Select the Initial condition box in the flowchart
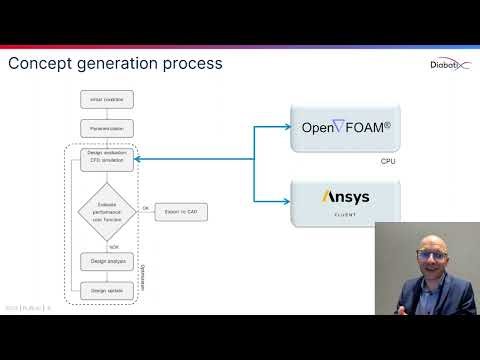pos(105,99)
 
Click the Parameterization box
pos(105,129)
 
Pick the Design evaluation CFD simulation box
pos(105,157)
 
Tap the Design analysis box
pos(105,261)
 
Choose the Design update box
pos(105,290)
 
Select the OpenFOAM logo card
pos(346,128)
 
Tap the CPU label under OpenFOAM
pos(389,161)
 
